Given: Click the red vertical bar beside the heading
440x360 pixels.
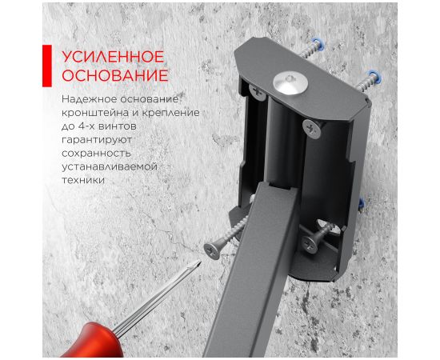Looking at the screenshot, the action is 47,66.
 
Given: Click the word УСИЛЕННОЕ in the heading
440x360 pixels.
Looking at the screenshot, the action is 113,57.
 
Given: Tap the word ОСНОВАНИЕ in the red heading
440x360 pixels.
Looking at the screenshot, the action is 115,75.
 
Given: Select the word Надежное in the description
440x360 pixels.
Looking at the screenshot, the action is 88,99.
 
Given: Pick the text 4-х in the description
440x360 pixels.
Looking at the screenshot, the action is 85,126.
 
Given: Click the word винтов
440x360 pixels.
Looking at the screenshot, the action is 116,126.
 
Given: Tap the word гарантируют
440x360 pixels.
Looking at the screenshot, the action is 97,140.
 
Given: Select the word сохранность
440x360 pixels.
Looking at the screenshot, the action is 96,154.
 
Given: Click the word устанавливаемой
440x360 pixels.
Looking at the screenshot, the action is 110,166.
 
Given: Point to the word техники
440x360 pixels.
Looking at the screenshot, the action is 83,180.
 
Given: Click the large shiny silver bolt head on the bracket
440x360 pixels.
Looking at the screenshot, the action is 290,82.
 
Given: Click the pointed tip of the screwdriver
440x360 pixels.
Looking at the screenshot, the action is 200,262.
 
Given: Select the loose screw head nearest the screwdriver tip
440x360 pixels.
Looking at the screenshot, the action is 211,251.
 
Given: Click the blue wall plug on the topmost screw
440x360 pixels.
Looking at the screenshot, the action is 318,44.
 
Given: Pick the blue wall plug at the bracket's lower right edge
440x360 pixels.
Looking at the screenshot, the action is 361,203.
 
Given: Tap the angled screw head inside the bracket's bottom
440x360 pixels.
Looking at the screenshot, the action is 310,243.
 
